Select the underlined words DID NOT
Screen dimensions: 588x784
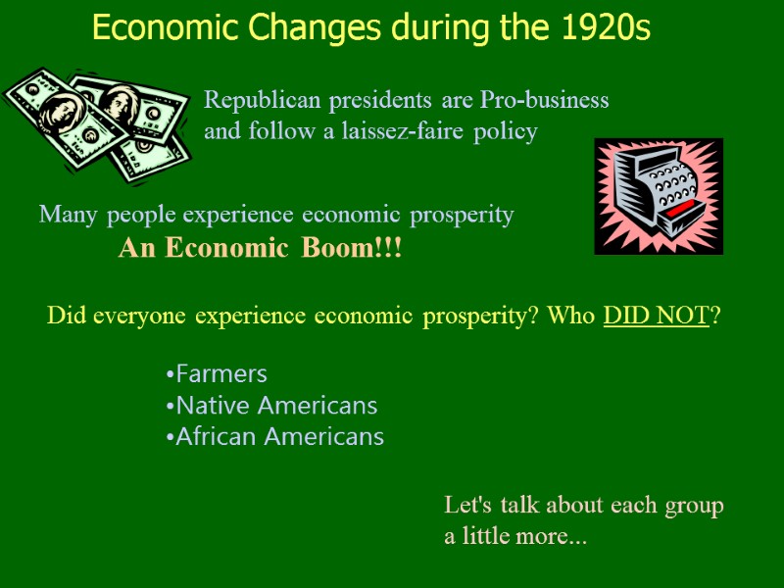tap(656, 317)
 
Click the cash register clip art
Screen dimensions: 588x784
tap(659, 196)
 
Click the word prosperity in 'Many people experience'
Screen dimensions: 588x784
tap(461, 215)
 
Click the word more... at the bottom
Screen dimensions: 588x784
tap(554, 537)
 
